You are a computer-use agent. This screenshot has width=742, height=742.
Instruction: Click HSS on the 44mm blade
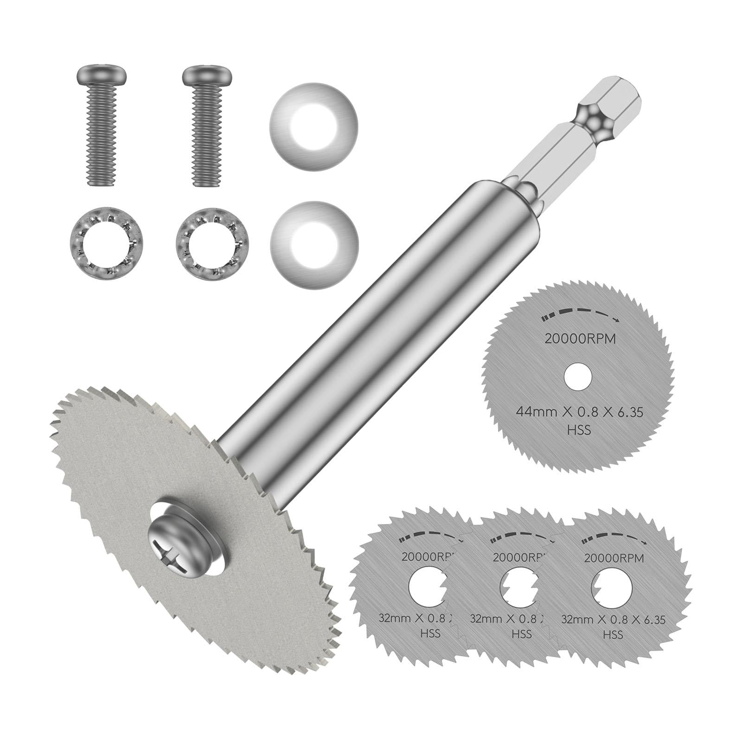pyautogui.click(x=578, y=430)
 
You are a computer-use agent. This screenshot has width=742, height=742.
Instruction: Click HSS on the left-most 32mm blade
pyautogui.click(x=429, y=633)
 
